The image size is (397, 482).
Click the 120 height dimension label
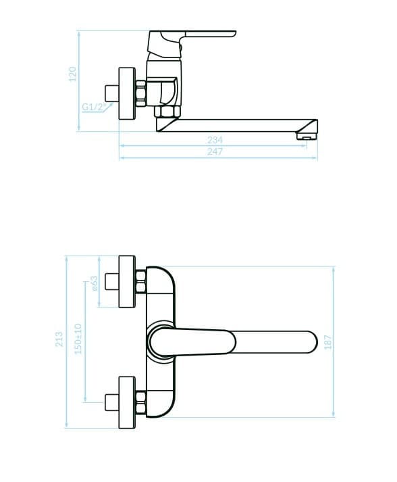point(72,74)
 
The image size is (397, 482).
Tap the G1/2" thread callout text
point(94,107)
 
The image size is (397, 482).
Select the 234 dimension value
point(215,140)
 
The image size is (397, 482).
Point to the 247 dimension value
point(215,151)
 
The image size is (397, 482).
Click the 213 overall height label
point(59,339)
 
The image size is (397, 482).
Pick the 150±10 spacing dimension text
point(78,339)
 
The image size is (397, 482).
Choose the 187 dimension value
point(328,342)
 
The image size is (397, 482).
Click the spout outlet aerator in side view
point(306,136)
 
